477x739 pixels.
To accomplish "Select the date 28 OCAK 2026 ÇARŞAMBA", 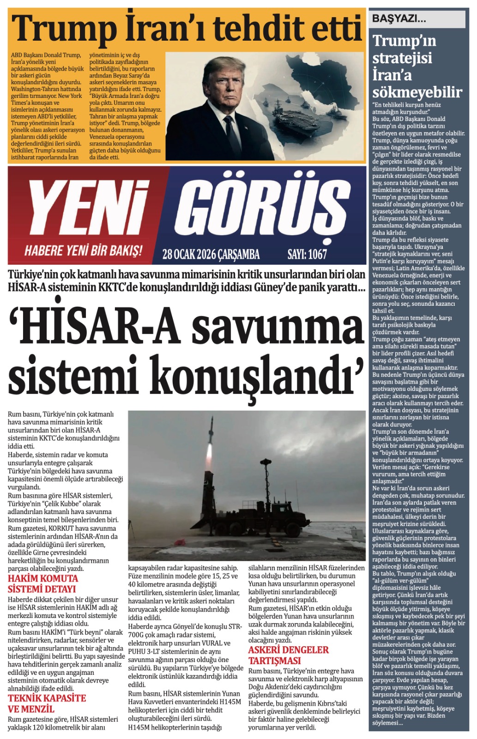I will pos(211,254).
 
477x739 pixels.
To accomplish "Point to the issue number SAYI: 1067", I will pos(307,254).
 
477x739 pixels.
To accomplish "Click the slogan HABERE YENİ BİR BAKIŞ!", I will pos(83,251).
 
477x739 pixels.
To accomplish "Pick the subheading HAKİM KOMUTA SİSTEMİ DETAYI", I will pos(43,584).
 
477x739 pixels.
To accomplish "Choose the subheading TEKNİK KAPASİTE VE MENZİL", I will pos(47,703).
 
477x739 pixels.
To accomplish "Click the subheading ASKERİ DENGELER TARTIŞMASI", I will pos(288,655).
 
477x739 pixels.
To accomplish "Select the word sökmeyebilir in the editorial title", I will pos(417,92).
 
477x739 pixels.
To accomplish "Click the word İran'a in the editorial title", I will pos(392,75).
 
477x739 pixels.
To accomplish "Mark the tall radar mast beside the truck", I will pos(266,490).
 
